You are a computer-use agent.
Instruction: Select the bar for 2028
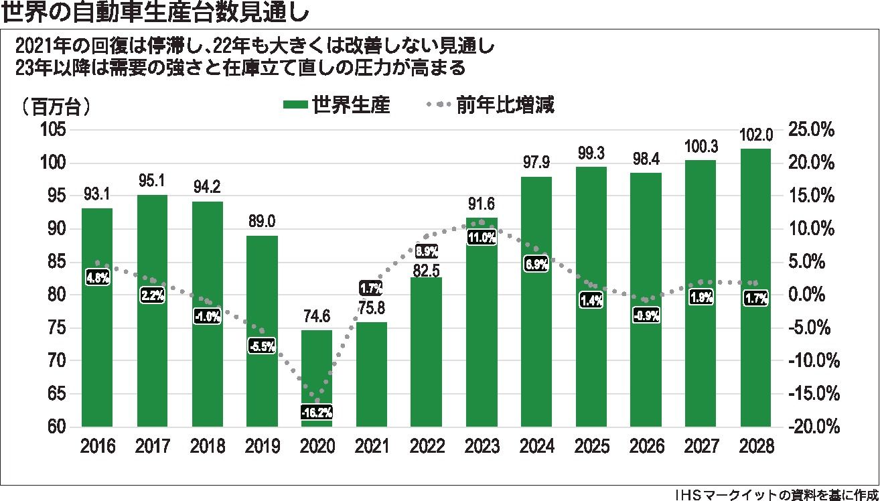[756, 288]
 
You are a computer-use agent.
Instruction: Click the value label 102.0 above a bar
[756, 135]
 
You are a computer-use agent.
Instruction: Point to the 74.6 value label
[317, 318]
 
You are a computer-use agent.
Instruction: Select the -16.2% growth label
[317, 413]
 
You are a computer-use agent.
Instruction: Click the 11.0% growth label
[482, 237]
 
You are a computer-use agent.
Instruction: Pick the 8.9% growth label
[427, 252]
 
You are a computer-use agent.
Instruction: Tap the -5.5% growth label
[262, 347]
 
